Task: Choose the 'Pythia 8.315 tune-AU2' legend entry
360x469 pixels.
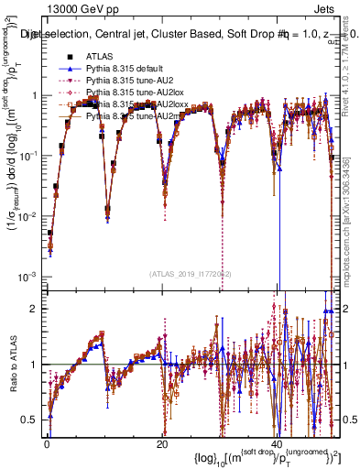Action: coord(128,82)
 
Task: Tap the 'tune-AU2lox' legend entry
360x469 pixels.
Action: coord(132,93)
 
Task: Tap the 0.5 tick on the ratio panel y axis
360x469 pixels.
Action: coord(30,420)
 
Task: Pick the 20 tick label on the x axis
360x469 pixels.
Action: coord(162,443)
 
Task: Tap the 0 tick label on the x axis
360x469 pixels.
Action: coord(47,443)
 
